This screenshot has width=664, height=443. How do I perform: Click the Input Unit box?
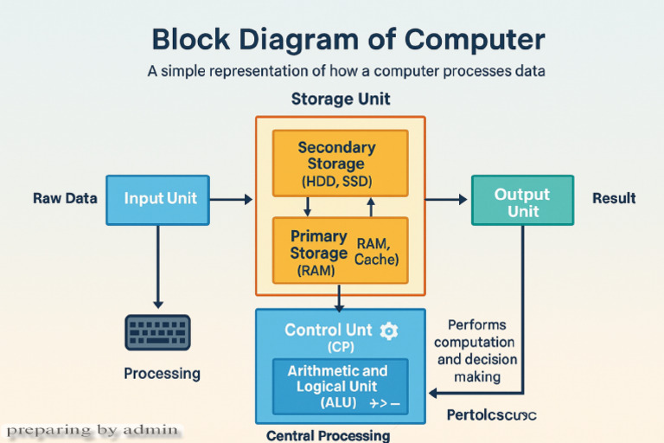pos(157,199)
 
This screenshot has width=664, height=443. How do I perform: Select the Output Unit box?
pos(521,201)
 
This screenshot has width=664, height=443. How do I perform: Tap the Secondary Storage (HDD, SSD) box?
pos(340,164)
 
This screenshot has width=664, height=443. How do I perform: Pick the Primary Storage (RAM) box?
pos(340,251)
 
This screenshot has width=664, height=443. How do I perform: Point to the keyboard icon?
pos(158,331)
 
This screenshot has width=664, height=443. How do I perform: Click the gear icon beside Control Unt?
pos(389,330)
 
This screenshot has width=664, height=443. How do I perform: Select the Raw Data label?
pos(65,198)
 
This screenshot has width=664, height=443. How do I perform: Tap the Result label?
pos(614,198)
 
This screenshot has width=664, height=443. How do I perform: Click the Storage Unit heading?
pos(340,99)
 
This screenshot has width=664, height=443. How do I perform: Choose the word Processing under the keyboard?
pos(162,374)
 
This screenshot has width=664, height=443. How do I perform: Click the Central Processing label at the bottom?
pos(328,435)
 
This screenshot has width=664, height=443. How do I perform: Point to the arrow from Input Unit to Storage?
pos(231,200)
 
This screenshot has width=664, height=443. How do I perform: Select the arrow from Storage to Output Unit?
pos(446,200)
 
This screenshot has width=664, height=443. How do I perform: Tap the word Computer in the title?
pos(466,40)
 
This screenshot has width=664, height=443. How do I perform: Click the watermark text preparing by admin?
pos(93,429)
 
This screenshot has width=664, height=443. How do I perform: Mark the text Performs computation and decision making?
pos(476,350)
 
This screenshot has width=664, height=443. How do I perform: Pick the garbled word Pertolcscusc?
pos(491,414)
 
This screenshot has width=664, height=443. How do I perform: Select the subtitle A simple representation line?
pos(346,71)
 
